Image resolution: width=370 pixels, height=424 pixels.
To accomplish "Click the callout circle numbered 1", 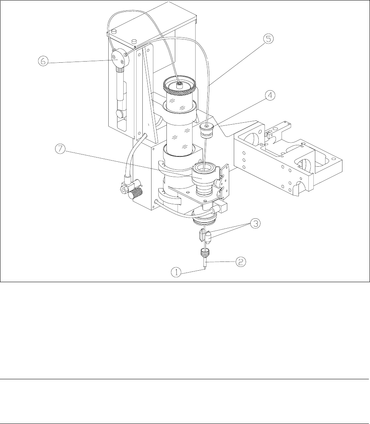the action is (x=176, y=272).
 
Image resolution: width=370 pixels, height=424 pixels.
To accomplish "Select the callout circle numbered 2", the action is (x=241, y=262).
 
